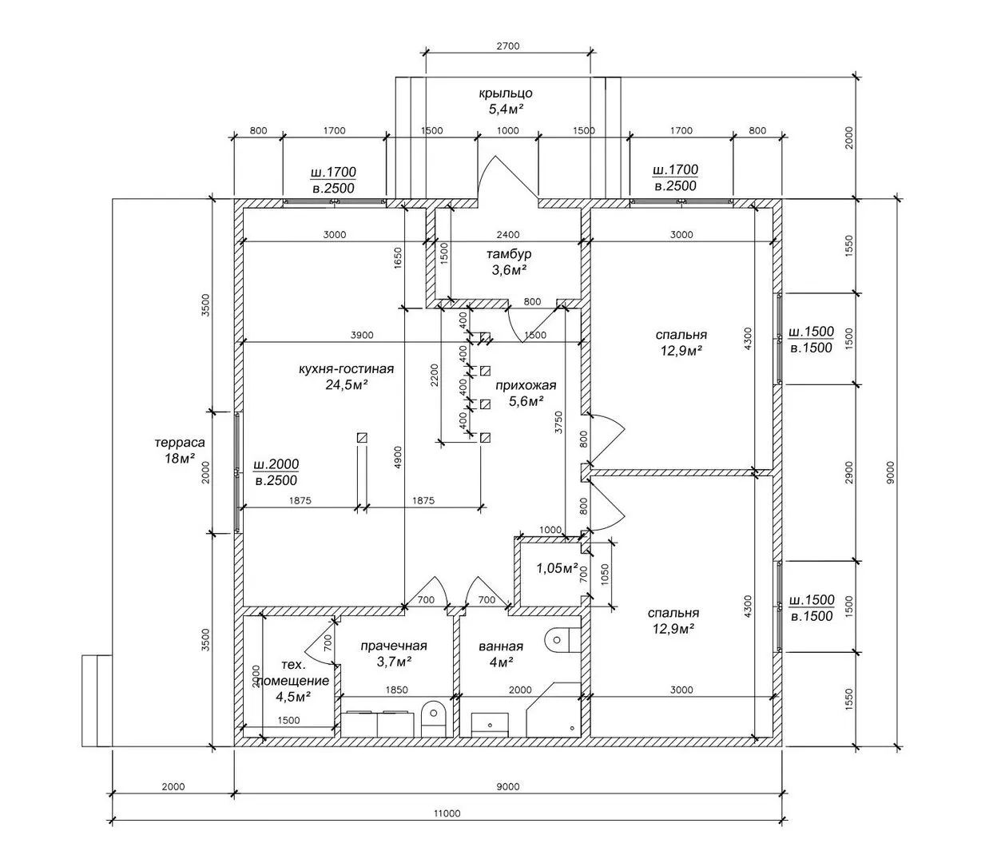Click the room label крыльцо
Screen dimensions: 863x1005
coord(506,93)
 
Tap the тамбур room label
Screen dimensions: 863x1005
coord(509,254)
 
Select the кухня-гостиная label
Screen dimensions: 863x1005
coord(346,369)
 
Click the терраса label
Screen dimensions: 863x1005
coord(180,442)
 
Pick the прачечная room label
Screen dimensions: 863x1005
coord(394,646)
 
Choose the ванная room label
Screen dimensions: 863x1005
coord(501,646)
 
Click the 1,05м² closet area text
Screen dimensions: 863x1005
coord(556,568)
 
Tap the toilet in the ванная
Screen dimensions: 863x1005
coord(559,638)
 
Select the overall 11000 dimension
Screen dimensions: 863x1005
coord(447,813)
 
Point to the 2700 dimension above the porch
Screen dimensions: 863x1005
coord(507,46)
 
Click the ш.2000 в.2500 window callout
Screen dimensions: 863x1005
coord(276,472)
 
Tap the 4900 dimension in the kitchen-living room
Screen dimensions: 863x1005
coord(398,455)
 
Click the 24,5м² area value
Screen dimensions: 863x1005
coord(346,384)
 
